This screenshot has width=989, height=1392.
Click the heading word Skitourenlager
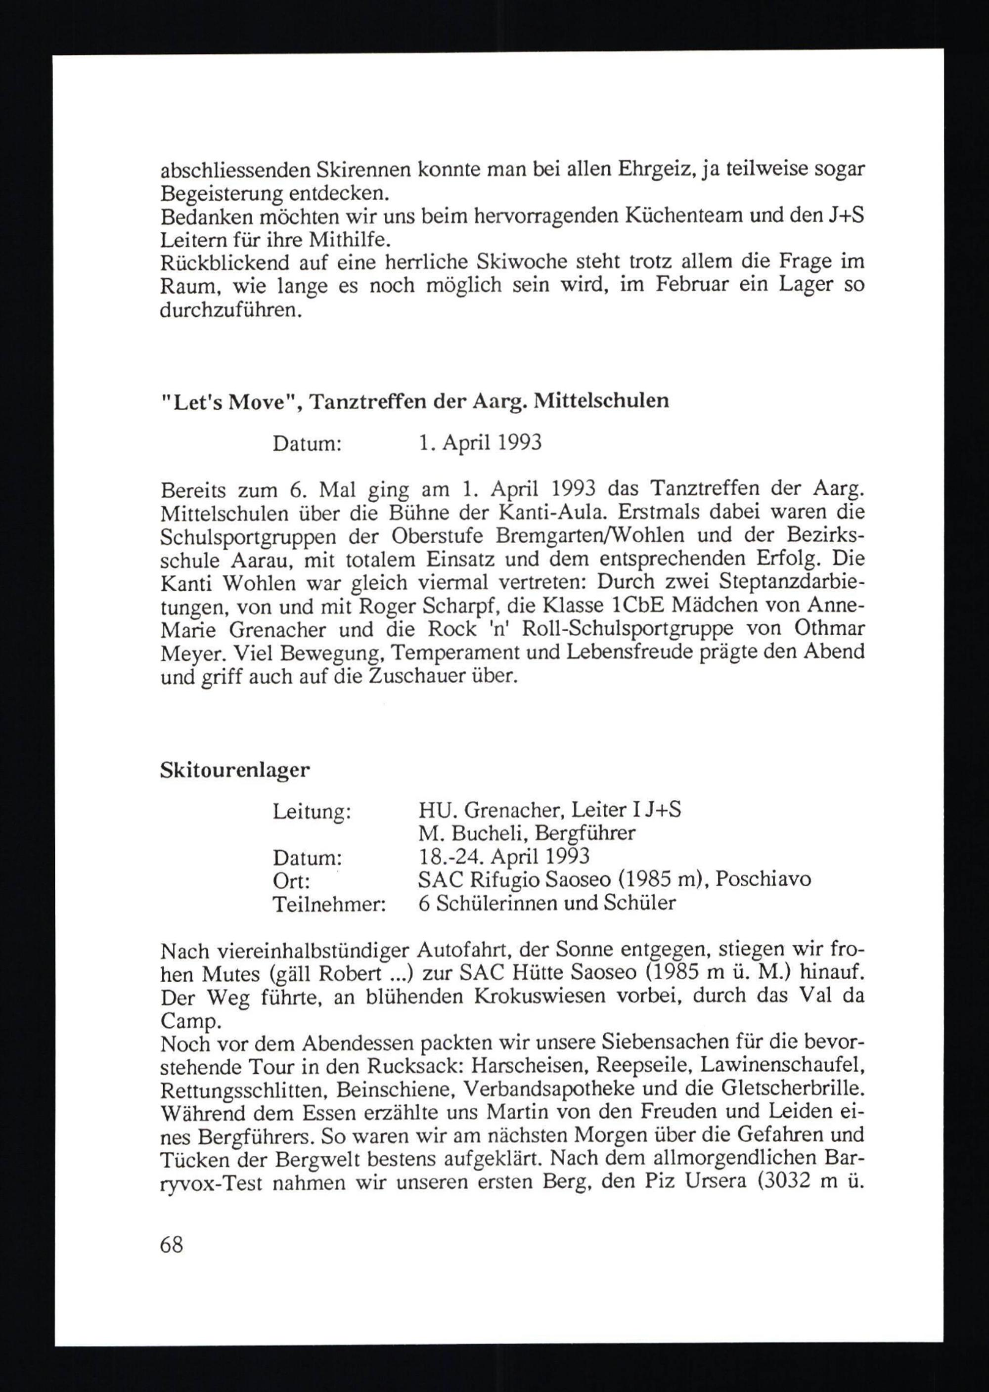coord(234,771)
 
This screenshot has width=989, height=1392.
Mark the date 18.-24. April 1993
coord(503,857)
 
